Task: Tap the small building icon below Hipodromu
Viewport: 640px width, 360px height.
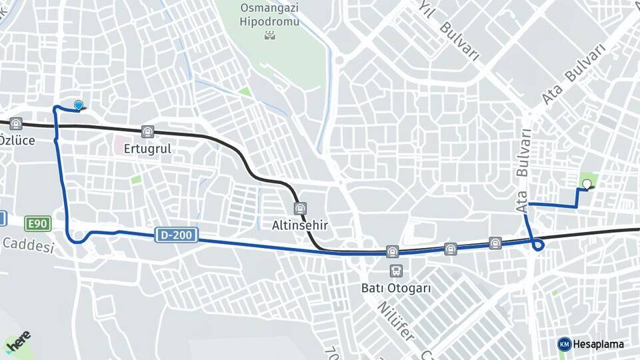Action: (x=270, y=34)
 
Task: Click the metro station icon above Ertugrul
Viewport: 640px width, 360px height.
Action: (x=147, y=132)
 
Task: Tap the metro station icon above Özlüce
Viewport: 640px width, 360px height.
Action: (x=16, y=123)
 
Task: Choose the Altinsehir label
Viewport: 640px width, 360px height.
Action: (x=300, y=225)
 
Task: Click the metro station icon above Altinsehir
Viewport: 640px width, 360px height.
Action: (x=300, y=209)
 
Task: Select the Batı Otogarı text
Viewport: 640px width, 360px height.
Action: (x=396, y=289)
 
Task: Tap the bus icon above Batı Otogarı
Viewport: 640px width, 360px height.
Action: (x=397, y=271)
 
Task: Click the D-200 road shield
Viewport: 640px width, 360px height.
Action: (x=177, y=235)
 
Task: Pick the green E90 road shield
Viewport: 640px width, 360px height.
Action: (x=37, y=223)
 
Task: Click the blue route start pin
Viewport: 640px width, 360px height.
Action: (x=79, y=105)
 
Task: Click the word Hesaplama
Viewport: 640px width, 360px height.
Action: (x=599, y=344)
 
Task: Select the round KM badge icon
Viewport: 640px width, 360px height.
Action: (x=565, y=344)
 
